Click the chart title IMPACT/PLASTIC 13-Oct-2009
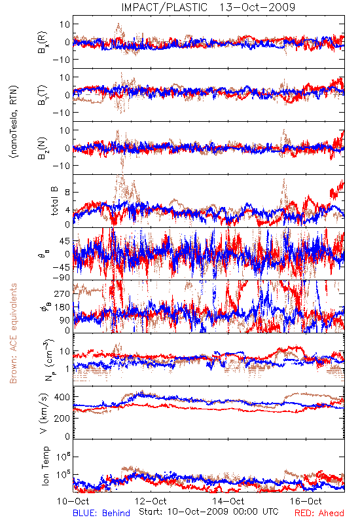pos(208,7)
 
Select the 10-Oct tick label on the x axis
pos(73,501)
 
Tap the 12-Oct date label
pos(151,501)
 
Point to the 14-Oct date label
pos(228,501)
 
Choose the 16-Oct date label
pos(306,501)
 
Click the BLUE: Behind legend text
pos(101,513)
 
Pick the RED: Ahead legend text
pos(319,513)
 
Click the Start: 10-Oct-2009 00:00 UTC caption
pos(209,512)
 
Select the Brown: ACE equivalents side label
pos(13,333)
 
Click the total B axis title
pos(54,200)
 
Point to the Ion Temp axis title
pos(45,466)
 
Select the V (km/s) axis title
pos(44,413)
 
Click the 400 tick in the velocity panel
pos(62,397)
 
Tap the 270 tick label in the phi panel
pos(62,293)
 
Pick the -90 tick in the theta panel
pos(61,277)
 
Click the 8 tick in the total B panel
pos(67,193)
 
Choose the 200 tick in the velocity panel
pos(62,418)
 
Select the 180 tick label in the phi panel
pos(62,307)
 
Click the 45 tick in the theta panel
pos(65,241)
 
